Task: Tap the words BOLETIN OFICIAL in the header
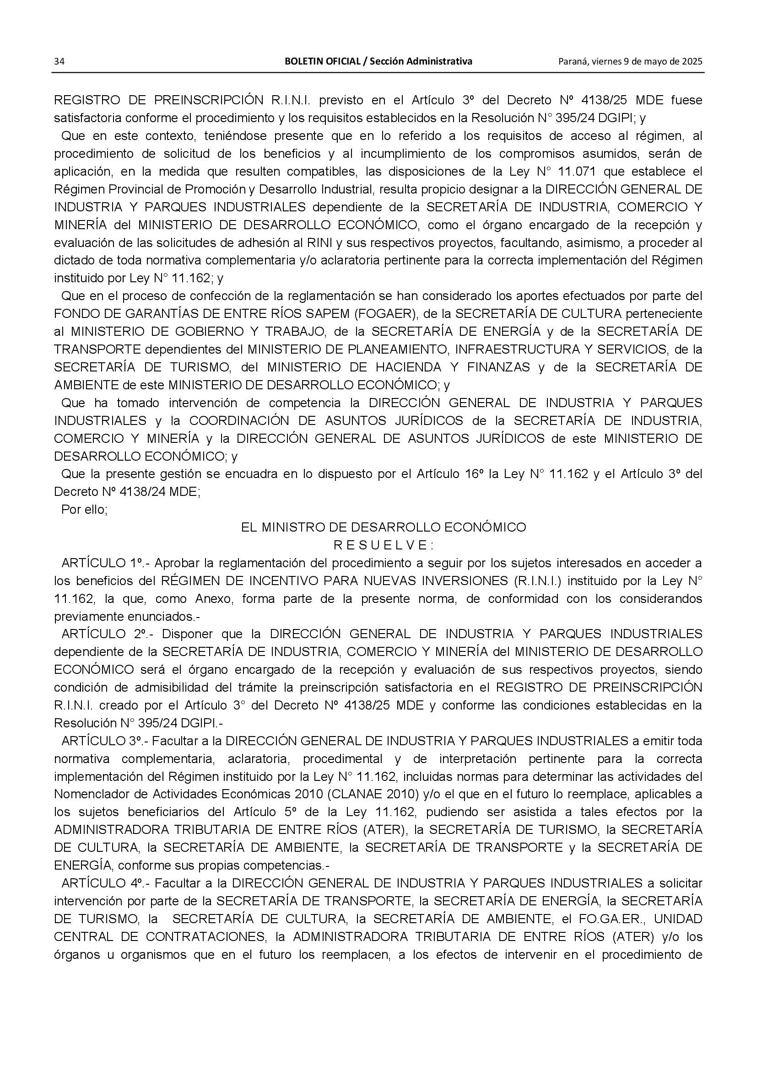(x=323, y=61)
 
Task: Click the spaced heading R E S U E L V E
(x=383, y=545)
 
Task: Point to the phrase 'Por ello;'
(x=84, y=509)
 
